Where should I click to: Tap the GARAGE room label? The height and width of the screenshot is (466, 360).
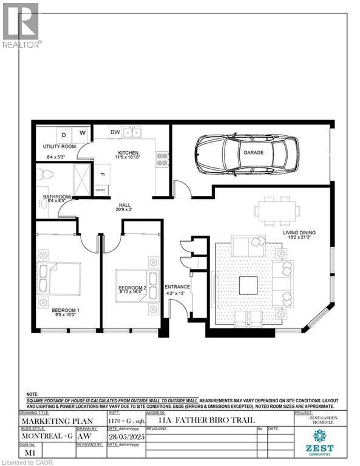tap(253, 153)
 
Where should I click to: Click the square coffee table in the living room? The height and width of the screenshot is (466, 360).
tap(250, 285)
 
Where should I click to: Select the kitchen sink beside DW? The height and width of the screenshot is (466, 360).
tap(132, 132)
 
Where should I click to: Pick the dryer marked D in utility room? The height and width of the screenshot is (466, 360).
tap(63, 133)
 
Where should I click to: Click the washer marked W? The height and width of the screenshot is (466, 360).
tap(82, 133)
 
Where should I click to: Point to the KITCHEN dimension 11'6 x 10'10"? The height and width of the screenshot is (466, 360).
tap(128, 158)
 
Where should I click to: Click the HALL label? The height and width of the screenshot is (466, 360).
tap(124, 205)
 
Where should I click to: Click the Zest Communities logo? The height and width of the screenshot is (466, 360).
tap(319, 441)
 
